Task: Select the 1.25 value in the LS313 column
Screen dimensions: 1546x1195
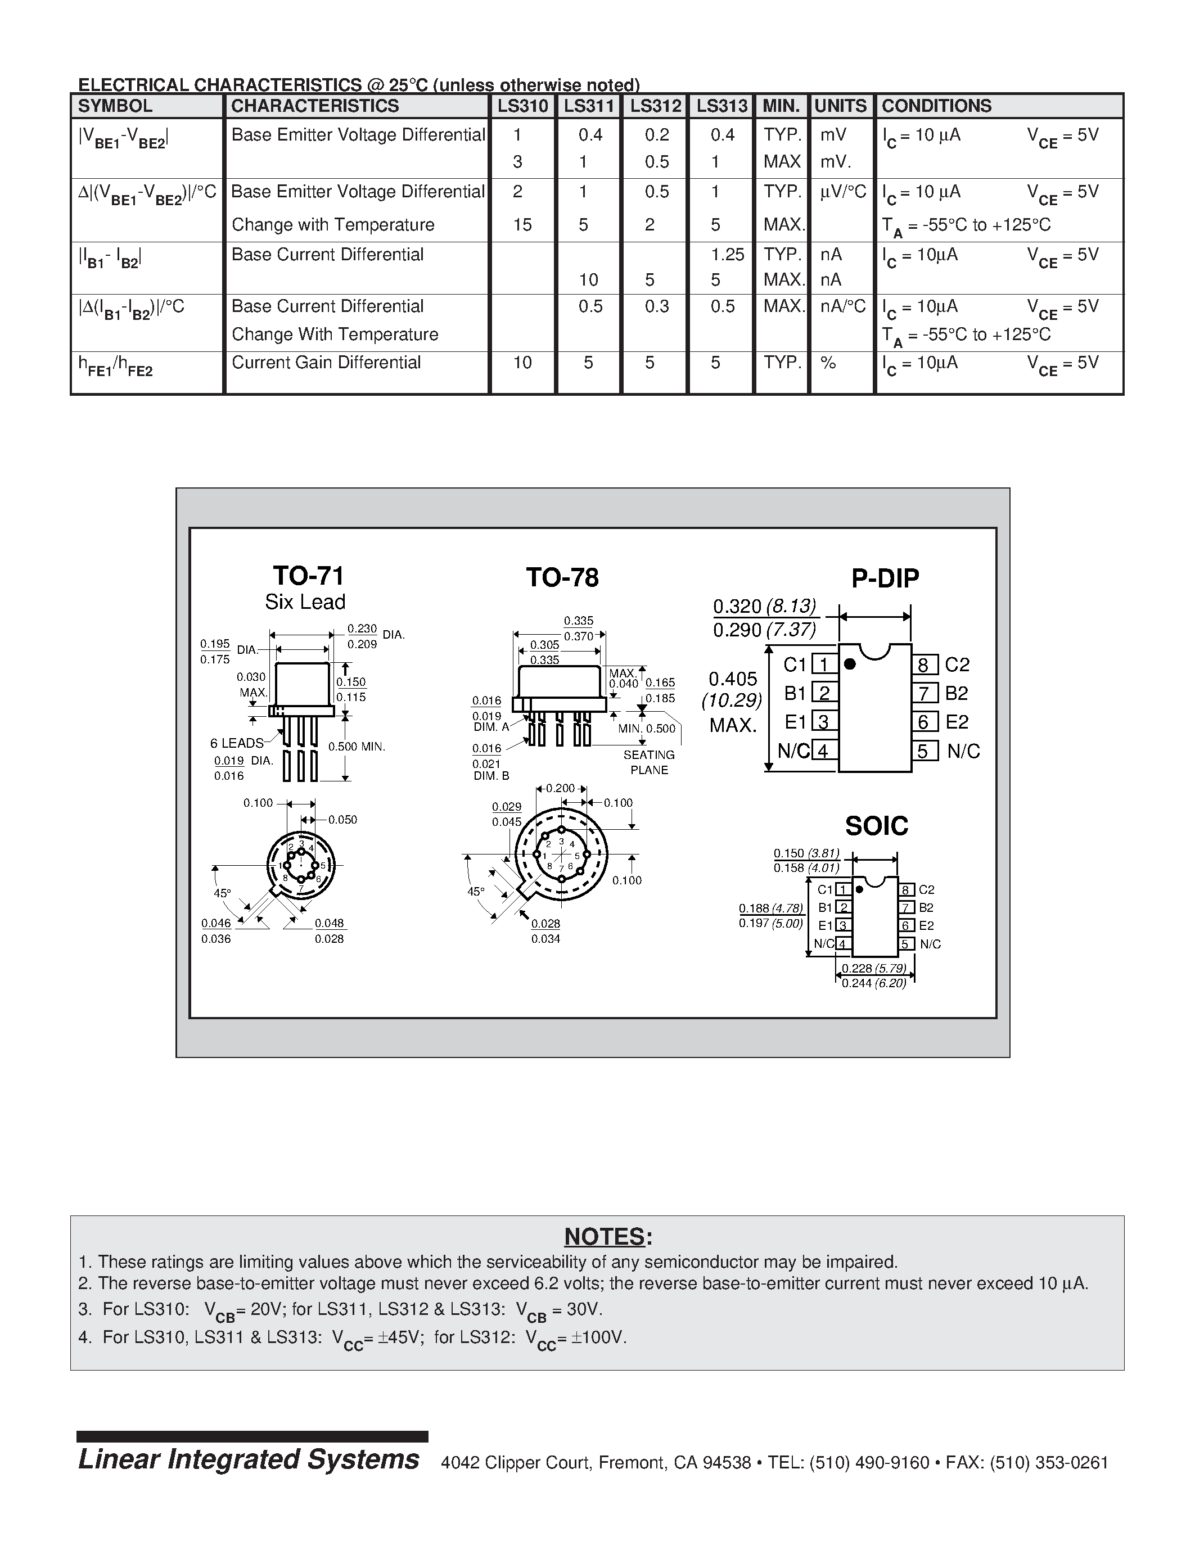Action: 727,255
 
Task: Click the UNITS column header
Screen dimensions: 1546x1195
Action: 840,106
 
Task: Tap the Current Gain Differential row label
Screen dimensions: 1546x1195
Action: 326,363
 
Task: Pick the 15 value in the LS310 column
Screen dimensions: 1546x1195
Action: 522,224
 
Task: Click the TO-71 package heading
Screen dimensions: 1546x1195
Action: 309,576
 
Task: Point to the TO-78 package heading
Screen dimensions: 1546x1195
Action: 562,577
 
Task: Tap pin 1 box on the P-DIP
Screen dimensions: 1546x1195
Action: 823,664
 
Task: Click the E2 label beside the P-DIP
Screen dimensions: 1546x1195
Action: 957,722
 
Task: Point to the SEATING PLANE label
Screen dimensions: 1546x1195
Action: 648,762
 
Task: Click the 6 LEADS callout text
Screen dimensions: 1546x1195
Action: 236,743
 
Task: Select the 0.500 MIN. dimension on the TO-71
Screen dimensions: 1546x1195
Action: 357,747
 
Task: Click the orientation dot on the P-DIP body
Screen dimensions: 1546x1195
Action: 850,664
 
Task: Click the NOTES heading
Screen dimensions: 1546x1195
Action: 607,1237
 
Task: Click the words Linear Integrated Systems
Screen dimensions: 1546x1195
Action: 249,1459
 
